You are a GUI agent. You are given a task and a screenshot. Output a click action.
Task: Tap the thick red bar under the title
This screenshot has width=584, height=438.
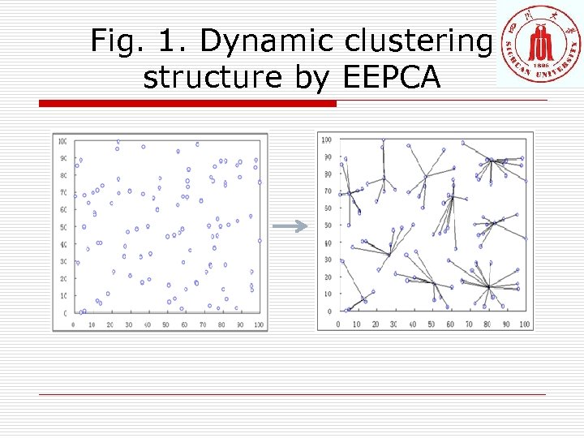(188, 104)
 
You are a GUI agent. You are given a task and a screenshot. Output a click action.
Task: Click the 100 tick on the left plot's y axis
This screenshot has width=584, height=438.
(62, 141)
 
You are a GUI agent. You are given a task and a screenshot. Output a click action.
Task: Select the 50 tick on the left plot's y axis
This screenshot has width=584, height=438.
(63, 227)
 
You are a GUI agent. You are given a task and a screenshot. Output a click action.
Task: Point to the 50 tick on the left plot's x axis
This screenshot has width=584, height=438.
(166, 324)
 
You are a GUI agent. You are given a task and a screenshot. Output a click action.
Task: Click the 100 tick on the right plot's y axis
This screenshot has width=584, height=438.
(326, 140)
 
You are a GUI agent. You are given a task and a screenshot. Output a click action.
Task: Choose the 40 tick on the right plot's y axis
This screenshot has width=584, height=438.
(328, 243)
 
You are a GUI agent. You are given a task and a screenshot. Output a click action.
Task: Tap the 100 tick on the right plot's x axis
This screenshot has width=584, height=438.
(526, 324)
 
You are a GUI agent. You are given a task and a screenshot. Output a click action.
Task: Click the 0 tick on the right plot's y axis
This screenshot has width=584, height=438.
(329, 311)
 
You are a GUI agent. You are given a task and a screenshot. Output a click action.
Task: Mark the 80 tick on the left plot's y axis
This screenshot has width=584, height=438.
(63, 175)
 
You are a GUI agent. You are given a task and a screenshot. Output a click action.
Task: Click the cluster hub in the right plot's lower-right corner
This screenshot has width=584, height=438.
(488, 286)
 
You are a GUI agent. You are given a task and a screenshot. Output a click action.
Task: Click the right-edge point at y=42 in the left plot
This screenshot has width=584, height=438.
(260, 241)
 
